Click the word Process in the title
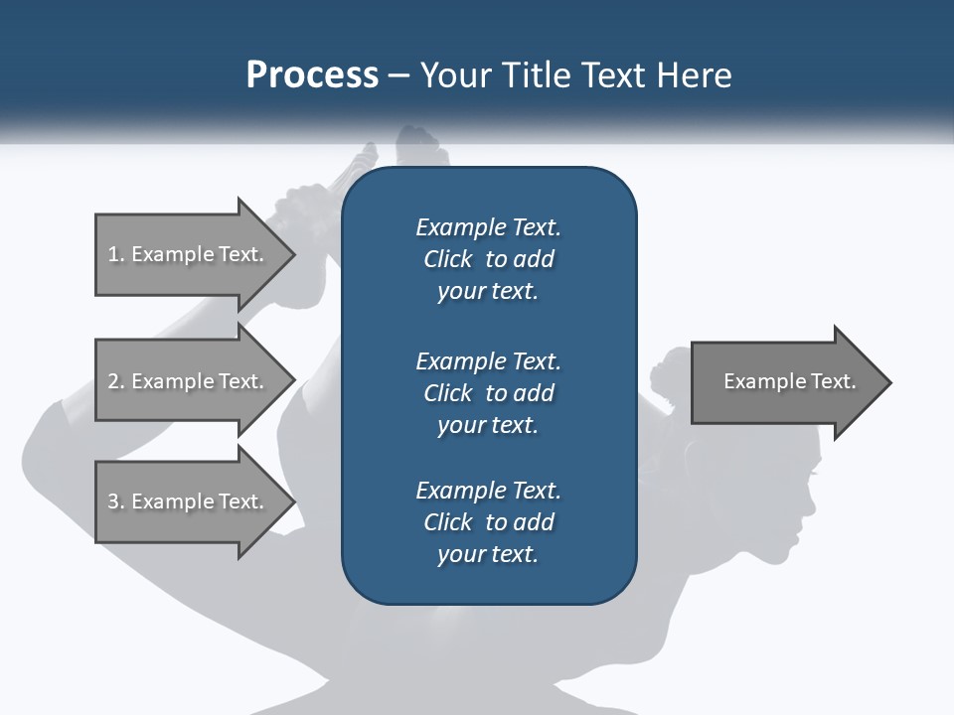312,75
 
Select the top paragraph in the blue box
488,259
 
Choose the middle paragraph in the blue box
488,392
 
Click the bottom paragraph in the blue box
488,522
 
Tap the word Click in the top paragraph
448,259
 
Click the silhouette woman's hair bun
669,368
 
